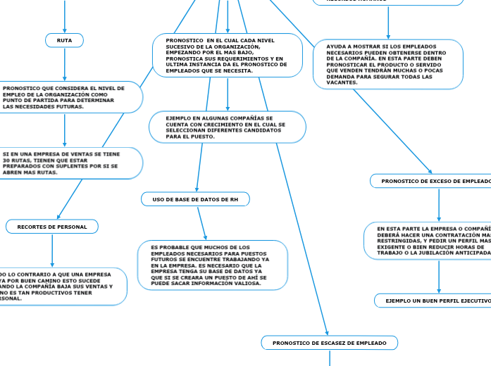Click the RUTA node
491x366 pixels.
[x=64, y=40]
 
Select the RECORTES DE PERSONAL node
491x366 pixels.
[x=52, y=227]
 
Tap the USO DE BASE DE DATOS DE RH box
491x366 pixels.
[x=195, y=200]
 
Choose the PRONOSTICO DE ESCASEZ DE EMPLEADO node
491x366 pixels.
[x=329, y=343]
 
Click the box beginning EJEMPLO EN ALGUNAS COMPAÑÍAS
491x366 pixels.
[x=227, y=127]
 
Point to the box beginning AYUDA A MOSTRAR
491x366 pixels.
[x=388, y=64]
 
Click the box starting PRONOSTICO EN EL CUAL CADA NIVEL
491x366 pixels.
[x=227, y=56]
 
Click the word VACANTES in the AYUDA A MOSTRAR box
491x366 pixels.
[x=342, y=82]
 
